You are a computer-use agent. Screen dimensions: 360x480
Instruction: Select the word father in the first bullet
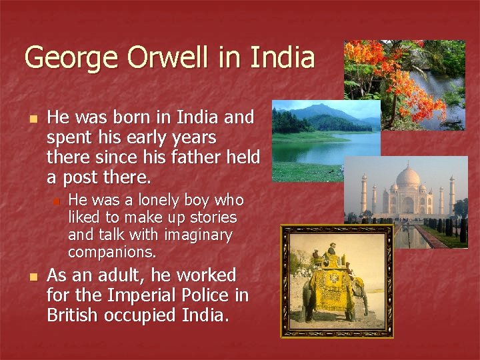tap(201, 158)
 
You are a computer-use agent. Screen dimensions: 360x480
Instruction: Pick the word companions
tap(112, 252)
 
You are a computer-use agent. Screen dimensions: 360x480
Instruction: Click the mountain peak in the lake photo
tap(319, 108)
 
